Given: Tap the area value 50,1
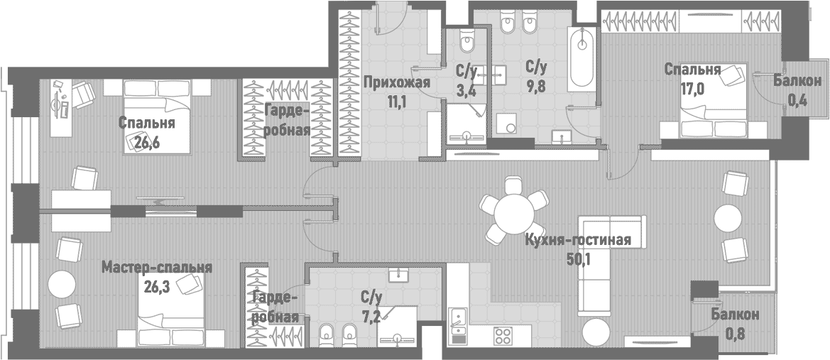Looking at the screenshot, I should pos(579,258).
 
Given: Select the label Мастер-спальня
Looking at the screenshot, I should pos(157,268).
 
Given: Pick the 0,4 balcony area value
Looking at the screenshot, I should pos(797,100).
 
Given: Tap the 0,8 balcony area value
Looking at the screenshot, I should pos(736,332).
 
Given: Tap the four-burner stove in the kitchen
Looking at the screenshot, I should pos(503,334).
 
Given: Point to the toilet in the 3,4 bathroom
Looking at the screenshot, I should pos(466,43).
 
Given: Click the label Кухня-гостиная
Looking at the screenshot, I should pos(578,239).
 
